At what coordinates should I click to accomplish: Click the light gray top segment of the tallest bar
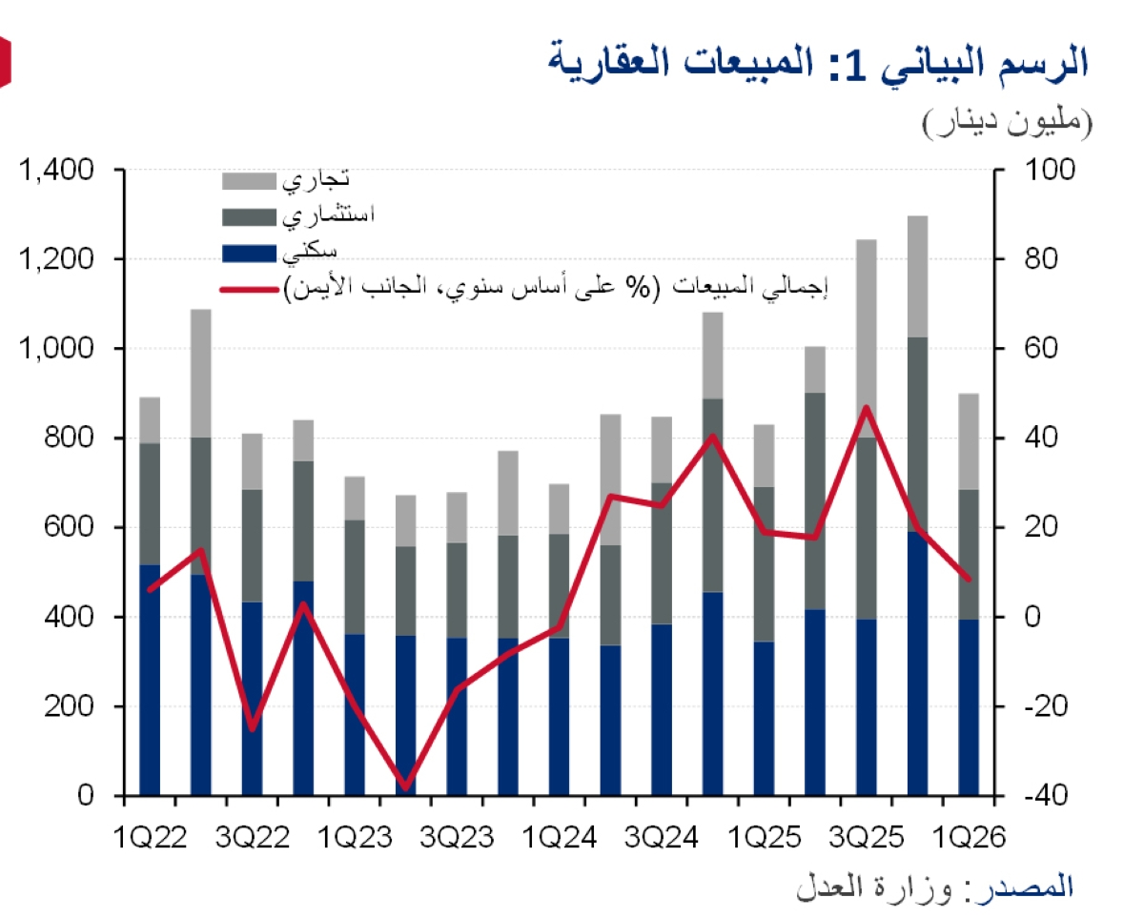(x=917, y=276)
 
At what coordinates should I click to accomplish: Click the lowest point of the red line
(x=406, y=787)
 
